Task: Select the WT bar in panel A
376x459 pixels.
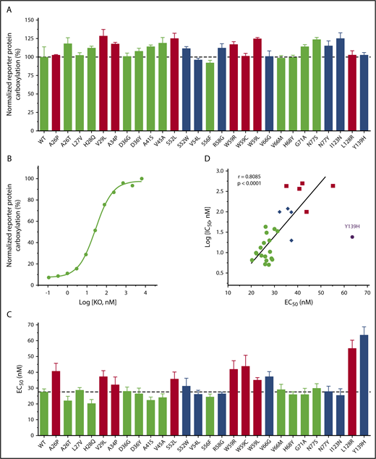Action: click(x=44, y=93)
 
